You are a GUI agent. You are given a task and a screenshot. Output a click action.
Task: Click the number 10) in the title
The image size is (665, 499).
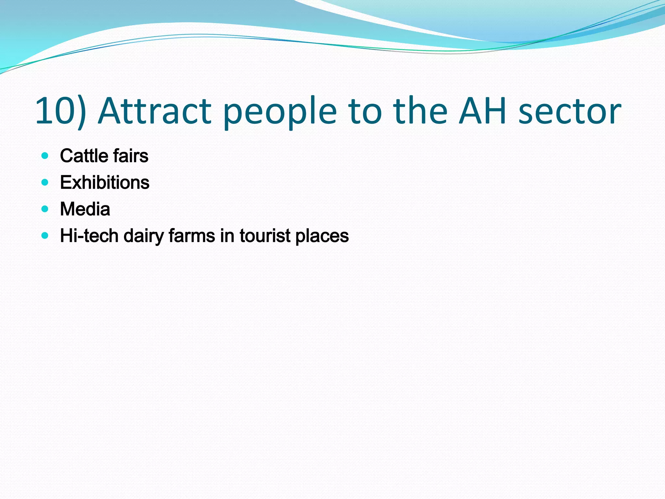coord(60,111)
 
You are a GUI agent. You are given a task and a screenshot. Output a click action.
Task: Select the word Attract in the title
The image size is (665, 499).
coord(155,111)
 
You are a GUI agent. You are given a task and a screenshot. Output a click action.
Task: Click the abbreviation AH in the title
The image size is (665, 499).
coord(483,111)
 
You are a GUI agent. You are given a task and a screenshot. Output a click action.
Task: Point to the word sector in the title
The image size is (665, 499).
coord(570,111)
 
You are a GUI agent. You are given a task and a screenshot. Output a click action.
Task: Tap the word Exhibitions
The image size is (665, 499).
coord(105,182)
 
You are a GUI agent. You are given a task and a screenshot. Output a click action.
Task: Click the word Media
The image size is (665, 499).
coord(85,209)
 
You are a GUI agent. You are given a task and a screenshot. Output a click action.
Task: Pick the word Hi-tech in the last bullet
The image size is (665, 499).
coord(89,236)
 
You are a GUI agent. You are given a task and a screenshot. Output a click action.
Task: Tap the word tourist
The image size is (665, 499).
coord(265,236)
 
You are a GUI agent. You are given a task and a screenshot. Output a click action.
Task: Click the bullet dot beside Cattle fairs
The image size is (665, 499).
coord(45,156)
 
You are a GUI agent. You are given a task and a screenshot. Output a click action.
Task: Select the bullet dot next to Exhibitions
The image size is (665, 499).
coord(45,182)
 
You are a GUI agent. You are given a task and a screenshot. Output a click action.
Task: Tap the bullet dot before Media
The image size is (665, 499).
coord(45,209)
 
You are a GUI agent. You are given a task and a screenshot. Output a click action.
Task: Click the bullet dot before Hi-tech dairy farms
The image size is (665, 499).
coord(45,236)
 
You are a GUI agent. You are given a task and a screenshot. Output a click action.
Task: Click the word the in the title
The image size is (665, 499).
coord(420,111)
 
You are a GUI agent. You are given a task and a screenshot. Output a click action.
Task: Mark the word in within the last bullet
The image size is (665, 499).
coord(227,236)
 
